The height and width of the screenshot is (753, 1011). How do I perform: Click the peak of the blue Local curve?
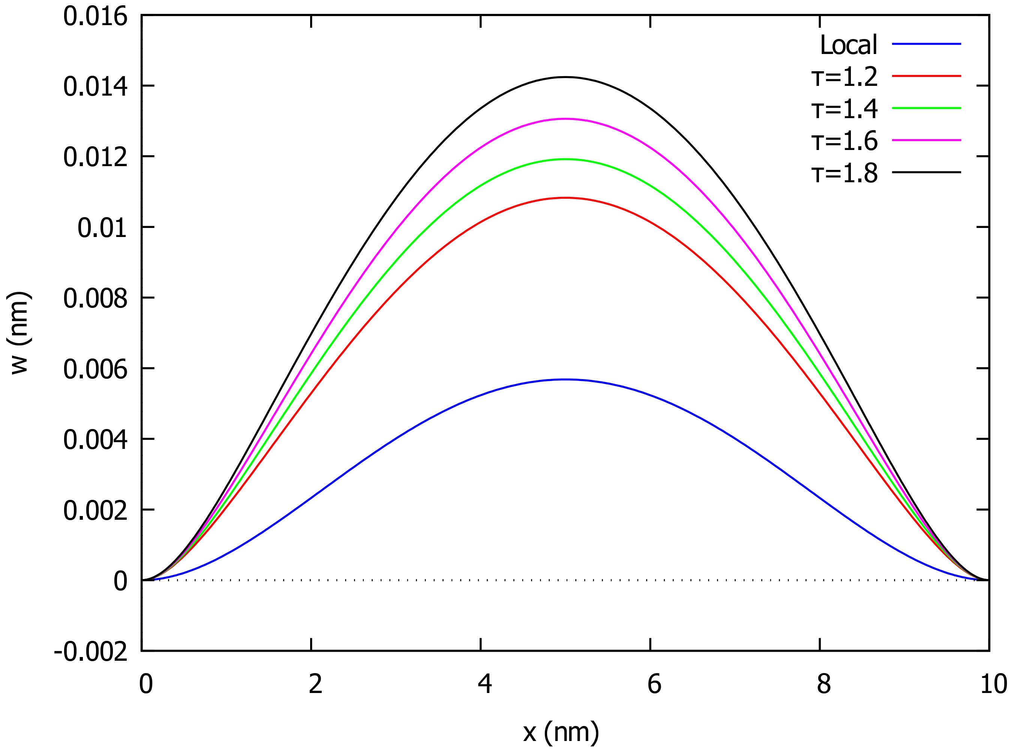(565, 379)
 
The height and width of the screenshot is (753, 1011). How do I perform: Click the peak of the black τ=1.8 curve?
(565, 77)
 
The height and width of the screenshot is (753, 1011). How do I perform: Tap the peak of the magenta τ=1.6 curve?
(565, 119)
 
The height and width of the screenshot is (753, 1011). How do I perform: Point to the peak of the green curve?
(565, 159)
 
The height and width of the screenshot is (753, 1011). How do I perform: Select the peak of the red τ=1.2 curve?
(565, 198)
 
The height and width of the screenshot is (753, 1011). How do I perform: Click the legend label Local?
(848, 45)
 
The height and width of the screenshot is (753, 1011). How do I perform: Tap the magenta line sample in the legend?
(926, 140)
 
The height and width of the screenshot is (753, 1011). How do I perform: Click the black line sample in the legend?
(926, 172)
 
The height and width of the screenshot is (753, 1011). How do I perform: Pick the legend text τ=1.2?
(844, 76)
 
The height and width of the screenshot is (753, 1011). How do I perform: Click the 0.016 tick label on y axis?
(95, 17)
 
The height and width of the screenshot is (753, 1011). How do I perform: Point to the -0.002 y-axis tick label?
(91, 652)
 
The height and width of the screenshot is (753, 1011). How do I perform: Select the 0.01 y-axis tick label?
(102, 228)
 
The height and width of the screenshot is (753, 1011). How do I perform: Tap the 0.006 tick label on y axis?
(95, 369)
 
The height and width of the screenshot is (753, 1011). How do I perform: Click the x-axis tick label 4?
(484, 684)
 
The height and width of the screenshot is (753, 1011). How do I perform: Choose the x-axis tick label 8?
(823, 684)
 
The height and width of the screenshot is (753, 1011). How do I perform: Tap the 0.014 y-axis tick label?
(95, 87)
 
